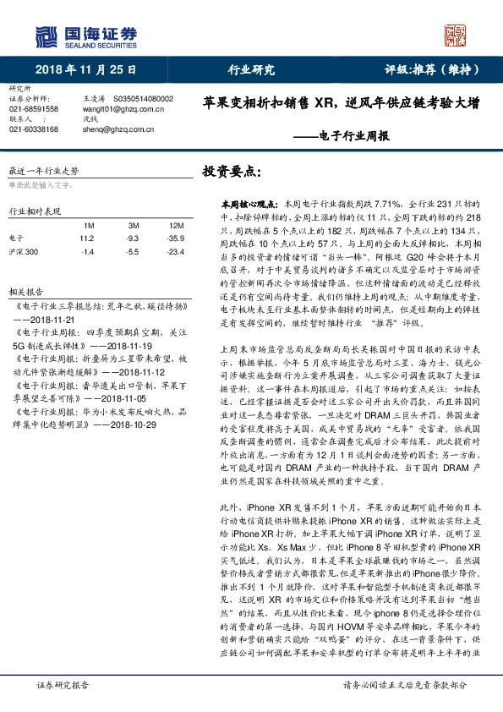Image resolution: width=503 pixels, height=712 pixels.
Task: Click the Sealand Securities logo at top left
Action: (x=85, y=36)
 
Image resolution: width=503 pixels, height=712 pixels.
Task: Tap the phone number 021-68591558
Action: (x=34, y=109)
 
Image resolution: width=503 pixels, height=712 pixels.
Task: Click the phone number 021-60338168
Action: (x=34, y=129)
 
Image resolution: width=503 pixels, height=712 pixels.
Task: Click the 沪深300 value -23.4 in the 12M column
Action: (x=176, y=252)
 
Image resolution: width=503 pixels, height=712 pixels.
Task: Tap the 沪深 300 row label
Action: (x=24, y=252)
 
